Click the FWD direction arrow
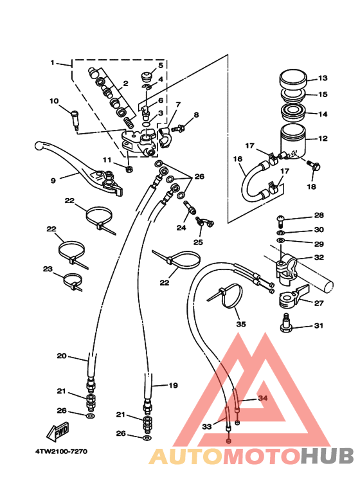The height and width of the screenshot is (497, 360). (x=58, y=431)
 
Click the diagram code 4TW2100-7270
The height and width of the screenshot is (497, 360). (x=61, y=451)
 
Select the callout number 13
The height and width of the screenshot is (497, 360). (x=323, y=78)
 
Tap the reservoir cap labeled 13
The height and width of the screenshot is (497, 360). (x=293, y=78)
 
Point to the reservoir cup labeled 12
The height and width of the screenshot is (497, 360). (x=292, y=140)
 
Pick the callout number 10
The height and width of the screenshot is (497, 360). (x=54, y=101)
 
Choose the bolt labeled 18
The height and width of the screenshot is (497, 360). (x=314, y=165)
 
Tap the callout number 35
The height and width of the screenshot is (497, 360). (x=241, y=324)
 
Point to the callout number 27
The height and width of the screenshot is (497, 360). (x=318, y=303)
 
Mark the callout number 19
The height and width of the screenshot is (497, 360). (x=173, y=385)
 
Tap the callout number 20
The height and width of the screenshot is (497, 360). (x=62, y=356)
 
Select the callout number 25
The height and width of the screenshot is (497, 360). (x=198, y=242)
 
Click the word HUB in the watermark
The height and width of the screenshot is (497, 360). (x=327, y=456)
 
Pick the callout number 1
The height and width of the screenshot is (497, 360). (x=53, y=62)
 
